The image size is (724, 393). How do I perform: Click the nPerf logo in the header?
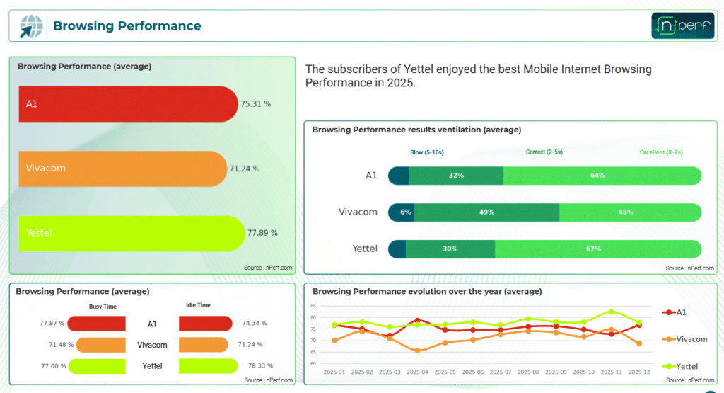pyautogui.click(x=682, y=25)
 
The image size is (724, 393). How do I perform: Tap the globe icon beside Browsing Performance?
pyautogui.click(x=31, y=26)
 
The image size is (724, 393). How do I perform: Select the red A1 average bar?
pyautogui.click(x=129, y=104)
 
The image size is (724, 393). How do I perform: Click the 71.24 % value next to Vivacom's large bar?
pyautogui.click(x=244, y=169)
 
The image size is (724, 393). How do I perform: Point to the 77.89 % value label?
pyautogui.click(x=262, y=233)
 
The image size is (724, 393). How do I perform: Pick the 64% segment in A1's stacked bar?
pyautogui.click(x=602, y=176)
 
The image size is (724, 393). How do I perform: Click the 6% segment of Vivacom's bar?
pyautogui.click(x=402, y=212)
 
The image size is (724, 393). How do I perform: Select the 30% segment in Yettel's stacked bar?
pyautogui.click(x=450, y=249)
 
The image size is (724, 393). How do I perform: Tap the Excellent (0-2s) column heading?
pyautogui.click(x=661, y=152)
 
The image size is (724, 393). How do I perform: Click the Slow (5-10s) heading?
pyautogui.click(x=426, y=152)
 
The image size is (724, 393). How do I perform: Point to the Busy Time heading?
pyautogui.click(x=103, y=307)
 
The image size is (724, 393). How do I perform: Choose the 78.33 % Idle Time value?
pyautogui.click(x=260, y=365)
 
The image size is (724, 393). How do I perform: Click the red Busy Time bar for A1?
pyautogui.click(x=96, y=324)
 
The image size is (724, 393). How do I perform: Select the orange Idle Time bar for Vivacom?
pyautogui.click(x=203, y=344)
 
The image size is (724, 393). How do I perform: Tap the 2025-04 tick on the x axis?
pyautogui.click(x=417, y=372)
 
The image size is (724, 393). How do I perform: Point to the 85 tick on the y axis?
pyautogui.click(x=313, y=306)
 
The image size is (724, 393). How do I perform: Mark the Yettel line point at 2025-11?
pyautogui.click(x=612, y=312)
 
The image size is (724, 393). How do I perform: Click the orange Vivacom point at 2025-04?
pyautogui.click(x=417, y=351)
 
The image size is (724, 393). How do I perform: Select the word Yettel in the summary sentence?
pyautogui.click(x=419, y=69)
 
